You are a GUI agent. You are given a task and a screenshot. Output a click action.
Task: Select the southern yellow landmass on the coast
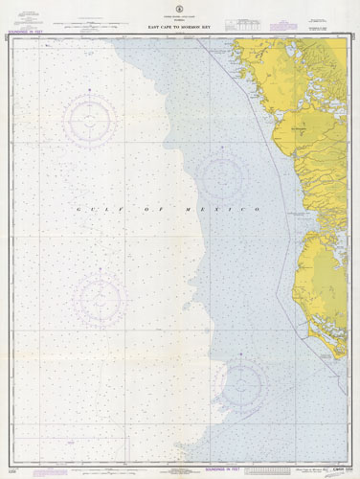pyautogui.click(x=321, y=287)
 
